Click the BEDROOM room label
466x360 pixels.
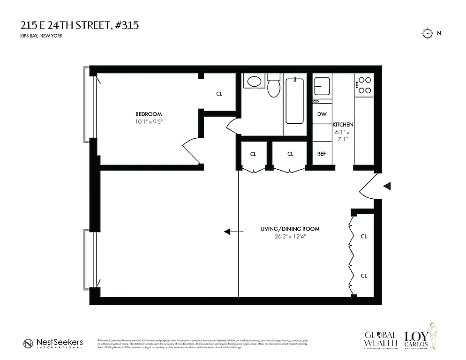(x=149, y=114)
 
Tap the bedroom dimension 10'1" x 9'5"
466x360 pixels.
(x=149, y=122)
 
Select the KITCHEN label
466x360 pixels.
(x=343, y=125)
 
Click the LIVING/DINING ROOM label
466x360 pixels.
(x=290, y=229)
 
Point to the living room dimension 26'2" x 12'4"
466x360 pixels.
(x=290, y=237)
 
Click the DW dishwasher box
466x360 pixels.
(x=322, y=114)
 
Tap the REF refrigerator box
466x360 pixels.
(x=322, y=154)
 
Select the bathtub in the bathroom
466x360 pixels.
(x=294, y=101)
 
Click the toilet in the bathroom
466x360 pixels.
(x=273, y=87)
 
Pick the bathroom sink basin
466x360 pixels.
(x=255, y=82)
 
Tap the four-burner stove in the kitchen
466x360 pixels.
(x=364, y=85)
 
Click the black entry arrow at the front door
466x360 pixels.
(x=387, y=187)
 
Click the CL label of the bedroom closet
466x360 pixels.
(x=219, y=94)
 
